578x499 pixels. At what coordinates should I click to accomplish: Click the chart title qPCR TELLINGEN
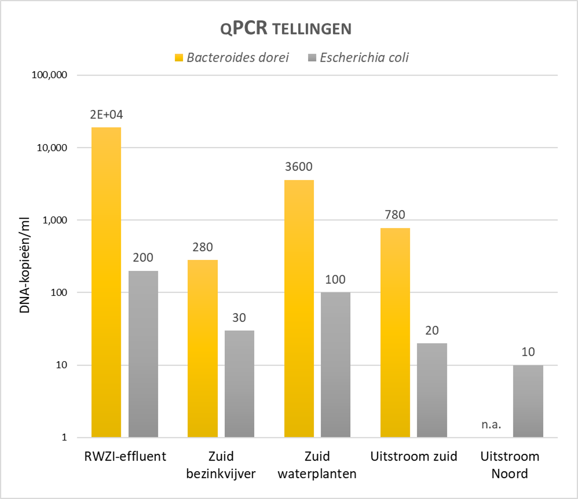(286, 29)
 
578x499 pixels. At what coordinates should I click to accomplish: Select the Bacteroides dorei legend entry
(232, 57)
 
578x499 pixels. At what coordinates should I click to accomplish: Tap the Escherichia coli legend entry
(358, 57)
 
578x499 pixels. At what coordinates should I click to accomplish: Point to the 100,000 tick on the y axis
(49, 75)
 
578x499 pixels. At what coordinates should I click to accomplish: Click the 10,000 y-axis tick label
(52, 147)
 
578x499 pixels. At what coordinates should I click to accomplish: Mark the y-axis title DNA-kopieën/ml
(25, 265)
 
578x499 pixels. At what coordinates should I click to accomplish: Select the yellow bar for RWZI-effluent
(106, 282)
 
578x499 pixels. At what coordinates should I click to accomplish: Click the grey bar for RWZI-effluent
(143, 354)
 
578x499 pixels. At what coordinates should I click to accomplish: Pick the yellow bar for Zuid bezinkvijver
(203, 349)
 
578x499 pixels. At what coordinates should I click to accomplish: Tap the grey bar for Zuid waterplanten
(335, 365)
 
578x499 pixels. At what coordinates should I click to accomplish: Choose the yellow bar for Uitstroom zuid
(395, 333)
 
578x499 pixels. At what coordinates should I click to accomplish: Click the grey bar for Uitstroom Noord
(528, 401)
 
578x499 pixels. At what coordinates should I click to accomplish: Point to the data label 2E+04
(106, 115)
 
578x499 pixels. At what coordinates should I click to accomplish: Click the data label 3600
(299, 167)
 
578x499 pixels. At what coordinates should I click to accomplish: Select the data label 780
(395, 215)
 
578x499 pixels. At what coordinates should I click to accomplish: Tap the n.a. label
(491, 425)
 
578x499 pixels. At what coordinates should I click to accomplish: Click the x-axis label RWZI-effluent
(125, 456)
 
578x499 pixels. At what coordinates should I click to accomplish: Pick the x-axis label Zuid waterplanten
(317, 465)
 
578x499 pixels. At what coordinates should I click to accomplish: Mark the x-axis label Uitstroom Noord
(510, 465)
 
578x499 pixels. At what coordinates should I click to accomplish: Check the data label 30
(239, 318)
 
